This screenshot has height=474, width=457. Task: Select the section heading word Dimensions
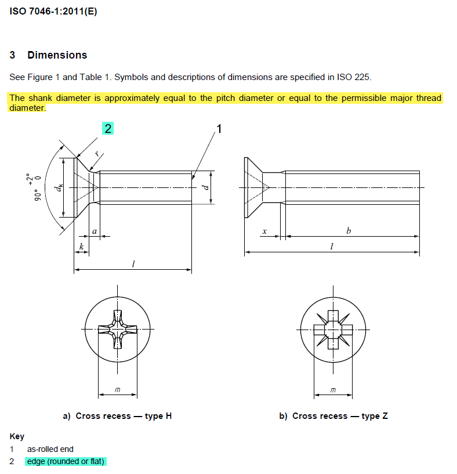click(57, 55)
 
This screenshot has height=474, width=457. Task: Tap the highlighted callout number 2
click(108, 128)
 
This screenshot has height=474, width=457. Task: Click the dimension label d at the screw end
click(204, 187)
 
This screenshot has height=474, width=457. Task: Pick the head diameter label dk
click(58, 187)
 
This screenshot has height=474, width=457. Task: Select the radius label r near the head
click(97, 155)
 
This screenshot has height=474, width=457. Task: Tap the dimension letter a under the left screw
click(95, 231)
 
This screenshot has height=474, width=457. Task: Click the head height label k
click(82, 247)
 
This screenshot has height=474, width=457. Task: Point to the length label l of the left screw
click(133, 264)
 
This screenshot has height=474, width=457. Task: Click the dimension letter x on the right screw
click(264, 231)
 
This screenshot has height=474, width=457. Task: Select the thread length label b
click(349, 230)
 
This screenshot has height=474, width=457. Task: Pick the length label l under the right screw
click(332, 246)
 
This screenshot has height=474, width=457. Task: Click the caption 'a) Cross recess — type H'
click(117, 416)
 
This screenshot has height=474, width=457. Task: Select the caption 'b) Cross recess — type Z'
click(333, 416)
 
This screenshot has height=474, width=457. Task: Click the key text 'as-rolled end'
click(50, 449)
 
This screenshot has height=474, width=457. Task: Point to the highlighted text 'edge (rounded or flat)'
click(66, 462)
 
